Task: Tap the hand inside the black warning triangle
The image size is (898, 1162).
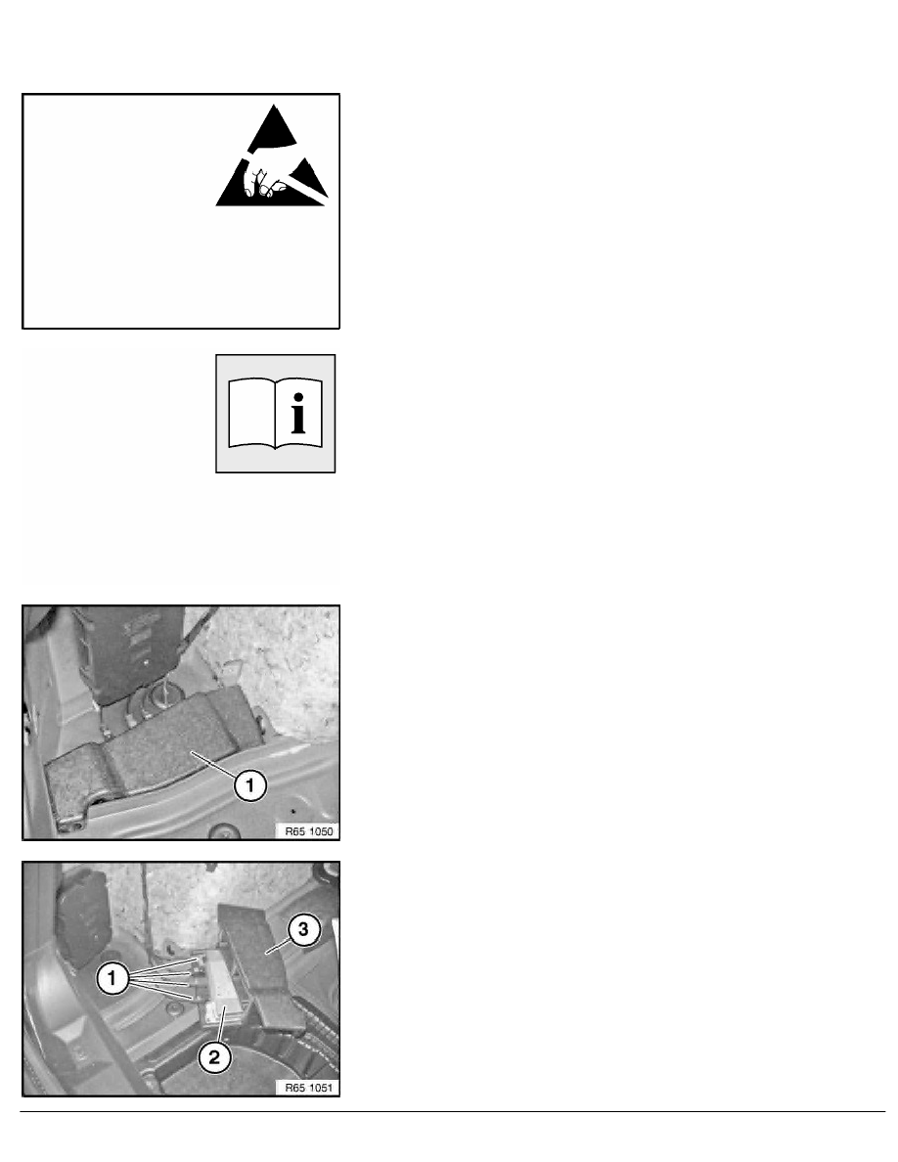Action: click(x=267, y=181)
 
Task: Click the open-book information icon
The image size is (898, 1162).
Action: click(x=276, y=414)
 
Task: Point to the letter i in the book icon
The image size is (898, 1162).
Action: click(x=298, y=415)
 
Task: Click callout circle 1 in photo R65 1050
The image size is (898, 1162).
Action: click(x=249, y=784)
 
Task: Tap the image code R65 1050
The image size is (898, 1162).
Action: click(x=308, y=831)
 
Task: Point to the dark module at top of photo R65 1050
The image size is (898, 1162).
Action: click(x=130, y=652)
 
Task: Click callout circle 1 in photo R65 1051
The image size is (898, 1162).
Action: click(x=112, y=979)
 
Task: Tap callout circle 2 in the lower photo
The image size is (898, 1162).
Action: click(x=214, y=1057)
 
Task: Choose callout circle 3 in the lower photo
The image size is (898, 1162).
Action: click(x=303, y=929)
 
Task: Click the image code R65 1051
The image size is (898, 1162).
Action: click(x=308, y=1088)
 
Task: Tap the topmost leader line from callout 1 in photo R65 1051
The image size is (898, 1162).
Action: click(x=163, y=967)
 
